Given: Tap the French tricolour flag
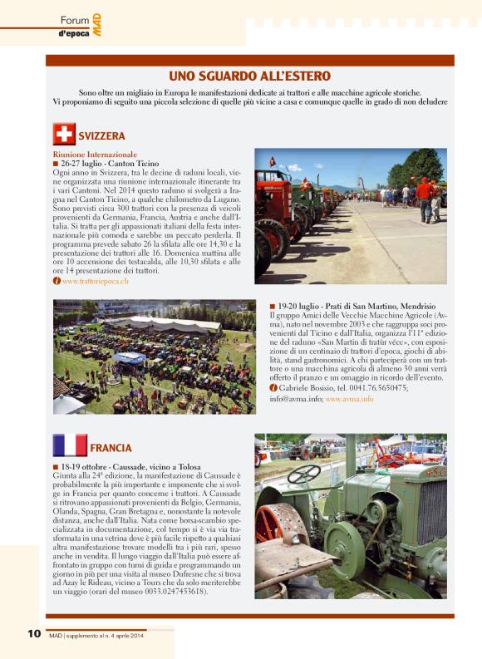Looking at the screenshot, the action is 70,446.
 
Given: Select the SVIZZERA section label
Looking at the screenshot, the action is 101,135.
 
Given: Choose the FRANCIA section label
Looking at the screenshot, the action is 111,448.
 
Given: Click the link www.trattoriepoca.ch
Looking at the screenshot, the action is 95,282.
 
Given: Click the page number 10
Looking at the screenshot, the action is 34,633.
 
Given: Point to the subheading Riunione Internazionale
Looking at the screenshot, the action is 95,155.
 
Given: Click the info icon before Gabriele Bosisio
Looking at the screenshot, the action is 273,388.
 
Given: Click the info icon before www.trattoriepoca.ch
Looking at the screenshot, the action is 57,282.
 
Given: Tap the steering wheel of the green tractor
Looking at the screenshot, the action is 304,474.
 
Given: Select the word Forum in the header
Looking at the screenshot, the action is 75,19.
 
